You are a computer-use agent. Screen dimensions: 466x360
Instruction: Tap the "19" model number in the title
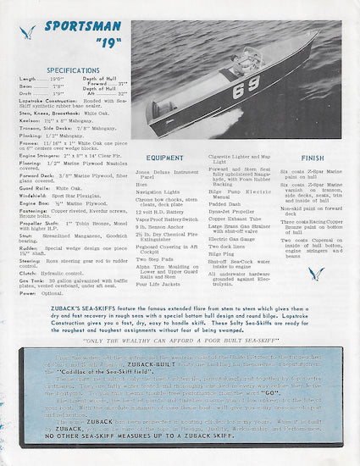90,45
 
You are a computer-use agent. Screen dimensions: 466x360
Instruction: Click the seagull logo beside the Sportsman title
28,33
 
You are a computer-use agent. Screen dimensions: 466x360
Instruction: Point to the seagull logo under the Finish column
316,273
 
